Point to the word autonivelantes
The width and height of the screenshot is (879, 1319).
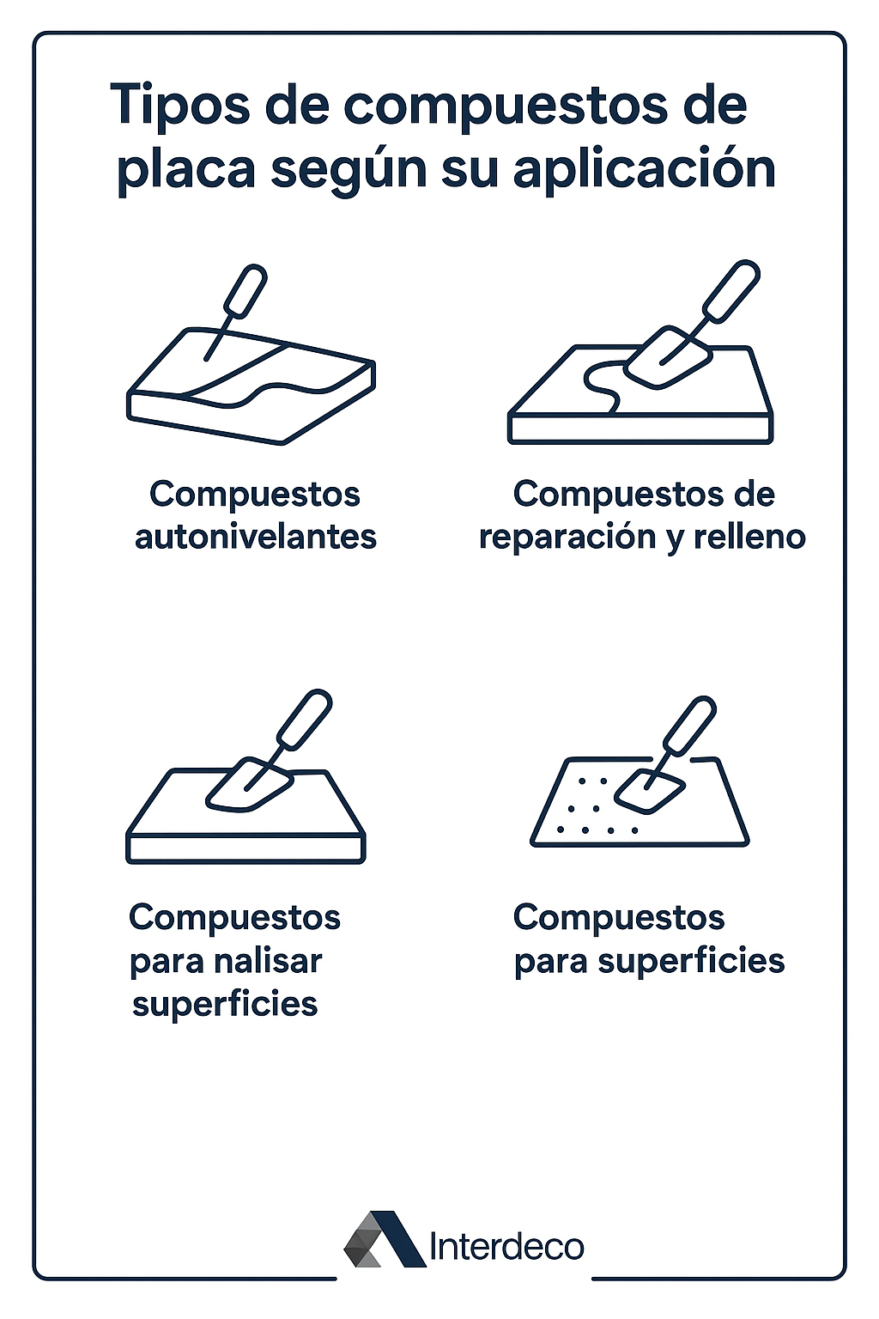point(256,537)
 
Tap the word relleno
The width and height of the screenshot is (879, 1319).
point(749,537)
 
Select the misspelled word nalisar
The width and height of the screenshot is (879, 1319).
point(268,961)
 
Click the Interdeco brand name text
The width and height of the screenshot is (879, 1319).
point(507,1247)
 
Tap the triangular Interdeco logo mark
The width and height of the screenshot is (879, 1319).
point(385,1239)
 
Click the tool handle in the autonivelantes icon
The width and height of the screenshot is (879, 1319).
point(245,290)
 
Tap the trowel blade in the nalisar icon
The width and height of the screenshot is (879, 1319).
point(249,784)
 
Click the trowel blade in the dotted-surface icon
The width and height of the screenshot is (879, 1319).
point(650,791)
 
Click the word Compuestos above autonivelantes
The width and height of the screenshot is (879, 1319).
point(255,495)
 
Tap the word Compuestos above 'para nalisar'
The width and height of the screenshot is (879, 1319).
point(235,918)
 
